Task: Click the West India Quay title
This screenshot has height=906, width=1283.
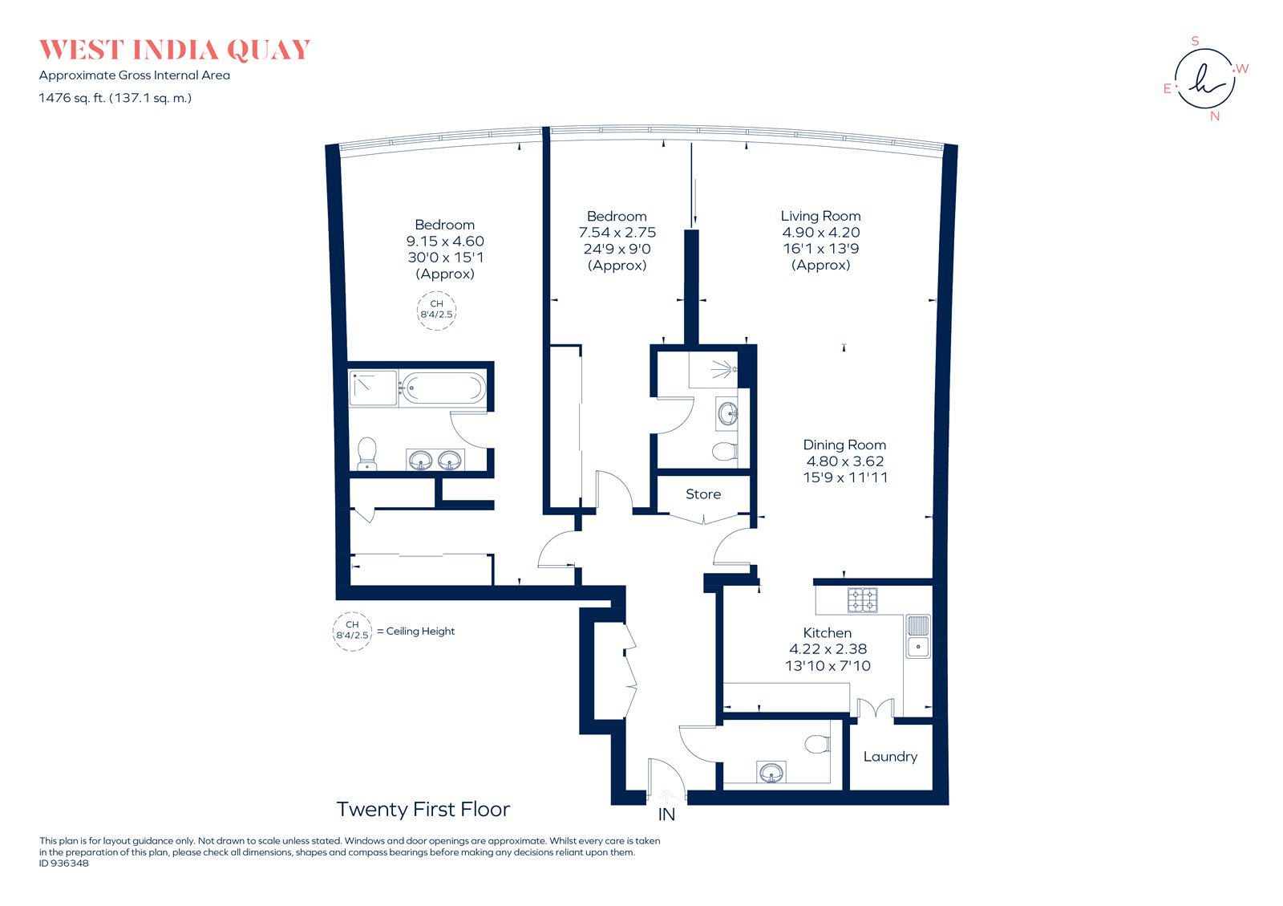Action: (175, 50)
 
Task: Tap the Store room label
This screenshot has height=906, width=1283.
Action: (702, 494)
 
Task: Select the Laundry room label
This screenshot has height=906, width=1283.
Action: (890, 757)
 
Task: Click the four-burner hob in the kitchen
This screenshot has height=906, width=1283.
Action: (862, 600)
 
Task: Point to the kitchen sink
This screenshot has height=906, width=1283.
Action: (917, 636)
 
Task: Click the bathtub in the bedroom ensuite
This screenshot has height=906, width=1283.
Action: (442, 388)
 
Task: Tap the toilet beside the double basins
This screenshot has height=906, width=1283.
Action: (366, 453)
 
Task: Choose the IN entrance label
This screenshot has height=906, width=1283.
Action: (666, 815)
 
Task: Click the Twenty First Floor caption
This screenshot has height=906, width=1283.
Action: (423, 809)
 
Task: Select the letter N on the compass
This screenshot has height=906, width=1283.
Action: (1214, 116)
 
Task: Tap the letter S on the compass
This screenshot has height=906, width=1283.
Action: (1195, 41)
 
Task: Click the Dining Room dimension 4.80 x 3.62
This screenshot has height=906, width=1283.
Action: (845, 461)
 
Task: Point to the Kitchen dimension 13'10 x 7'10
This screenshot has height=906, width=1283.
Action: (828, 666)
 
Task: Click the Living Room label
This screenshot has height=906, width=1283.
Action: (821, 216)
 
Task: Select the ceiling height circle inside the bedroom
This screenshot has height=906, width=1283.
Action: (436, 311)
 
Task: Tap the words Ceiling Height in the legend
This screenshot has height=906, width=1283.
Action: (420, 631)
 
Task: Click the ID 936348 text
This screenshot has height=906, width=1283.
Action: (64, 863)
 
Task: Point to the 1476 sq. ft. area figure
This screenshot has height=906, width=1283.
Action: (71, 98)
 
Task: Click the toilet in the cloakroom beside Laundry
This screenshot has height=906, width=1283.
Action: (817, 745)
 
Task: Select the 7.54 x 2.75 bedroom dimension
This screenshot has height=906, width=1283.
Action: (617, 233)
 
